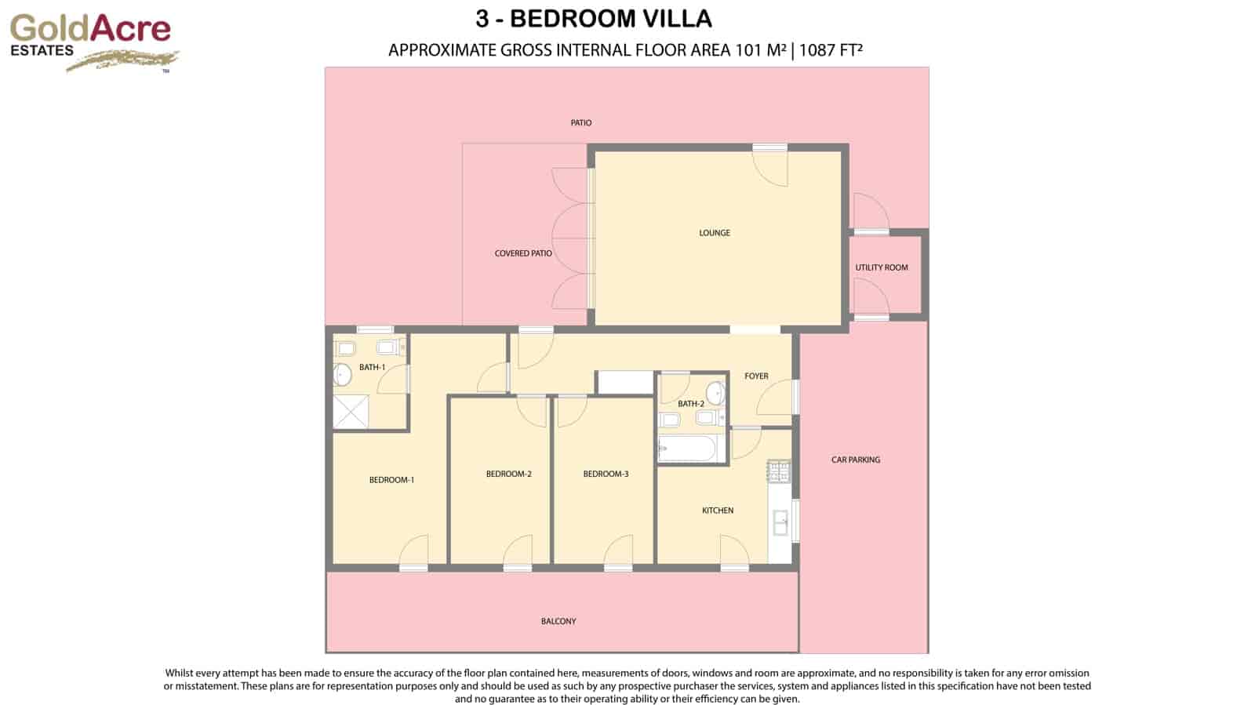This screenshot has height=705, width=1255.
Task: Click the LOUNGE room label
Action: pos(714,233)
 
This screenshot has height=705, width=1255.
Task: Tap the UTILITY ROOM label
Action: pos(881,267)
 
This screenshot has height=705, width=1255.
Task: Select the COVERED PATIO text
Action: pos(522,253)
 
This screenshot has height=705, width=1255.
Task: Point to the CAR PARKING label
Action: pos(855,460)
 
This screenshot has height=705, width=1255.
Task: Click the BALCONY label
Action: pos(558,621)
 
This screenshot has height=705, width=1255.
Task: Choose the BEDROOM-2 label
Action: pos(508,474)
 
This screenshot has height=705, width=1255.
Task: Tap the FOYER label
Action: pos(756,376)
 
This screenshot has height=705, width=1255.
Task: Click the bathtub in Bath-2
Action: pos(687,449)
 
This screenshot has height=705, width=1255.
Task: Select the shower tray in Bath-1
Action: pos(350,412)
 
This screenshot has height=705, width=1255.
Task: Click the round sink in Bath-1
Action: pos(342,375)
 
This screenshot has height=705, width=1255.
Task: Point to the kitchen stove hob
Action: pos(779,472)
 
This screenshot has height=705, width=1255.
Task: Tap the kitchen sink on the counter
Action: pos(780,522)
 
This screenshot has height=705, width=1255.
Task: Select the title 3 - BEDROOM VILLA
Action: pos(593,18)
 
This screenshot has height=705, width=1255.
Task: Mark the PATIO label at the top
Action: pos(580,123)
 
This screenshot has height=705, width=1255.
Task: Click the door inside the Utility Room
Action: pos(871,298)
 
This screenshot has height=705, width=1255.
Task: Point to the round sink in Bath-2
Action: pos(715,392)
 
